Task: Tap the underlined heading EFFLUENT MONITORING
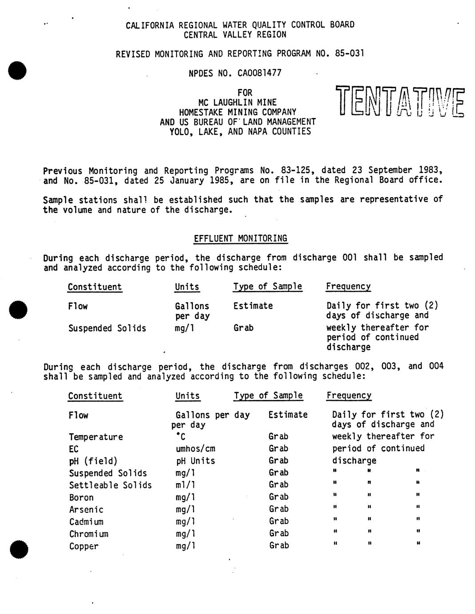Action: (x=241, y=238)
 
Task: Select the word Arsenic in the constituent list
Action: (x=86, y=510)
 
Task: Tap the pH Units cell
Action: (x=195, y=461)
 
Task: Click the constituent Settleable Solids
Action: (x=110, y=485)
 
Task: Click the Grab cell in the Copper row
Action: (x=279, y=546)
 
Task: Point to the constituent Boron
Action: (x=81, y=498)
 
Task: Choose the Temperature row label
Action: (x=96, y=437)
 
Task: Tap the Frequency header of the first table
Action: (x=348, y=287)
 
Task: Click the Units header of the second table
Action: (x=188, y=396)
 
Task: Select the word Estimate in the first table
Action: (x=253, y=306)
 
